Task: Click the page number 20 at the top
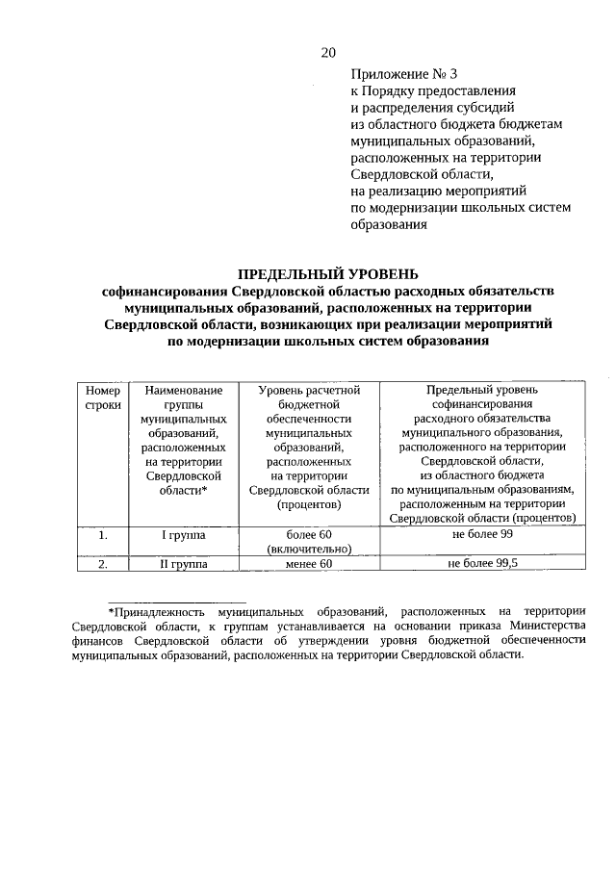(327, 52)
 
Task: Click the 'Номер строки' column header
(103, 398)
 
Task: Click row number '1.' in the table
(103, 535)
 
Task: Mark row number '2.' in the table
(103, 565)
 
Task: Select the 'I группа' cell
(183, 535)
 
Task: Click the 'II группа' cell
(183, 565)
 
